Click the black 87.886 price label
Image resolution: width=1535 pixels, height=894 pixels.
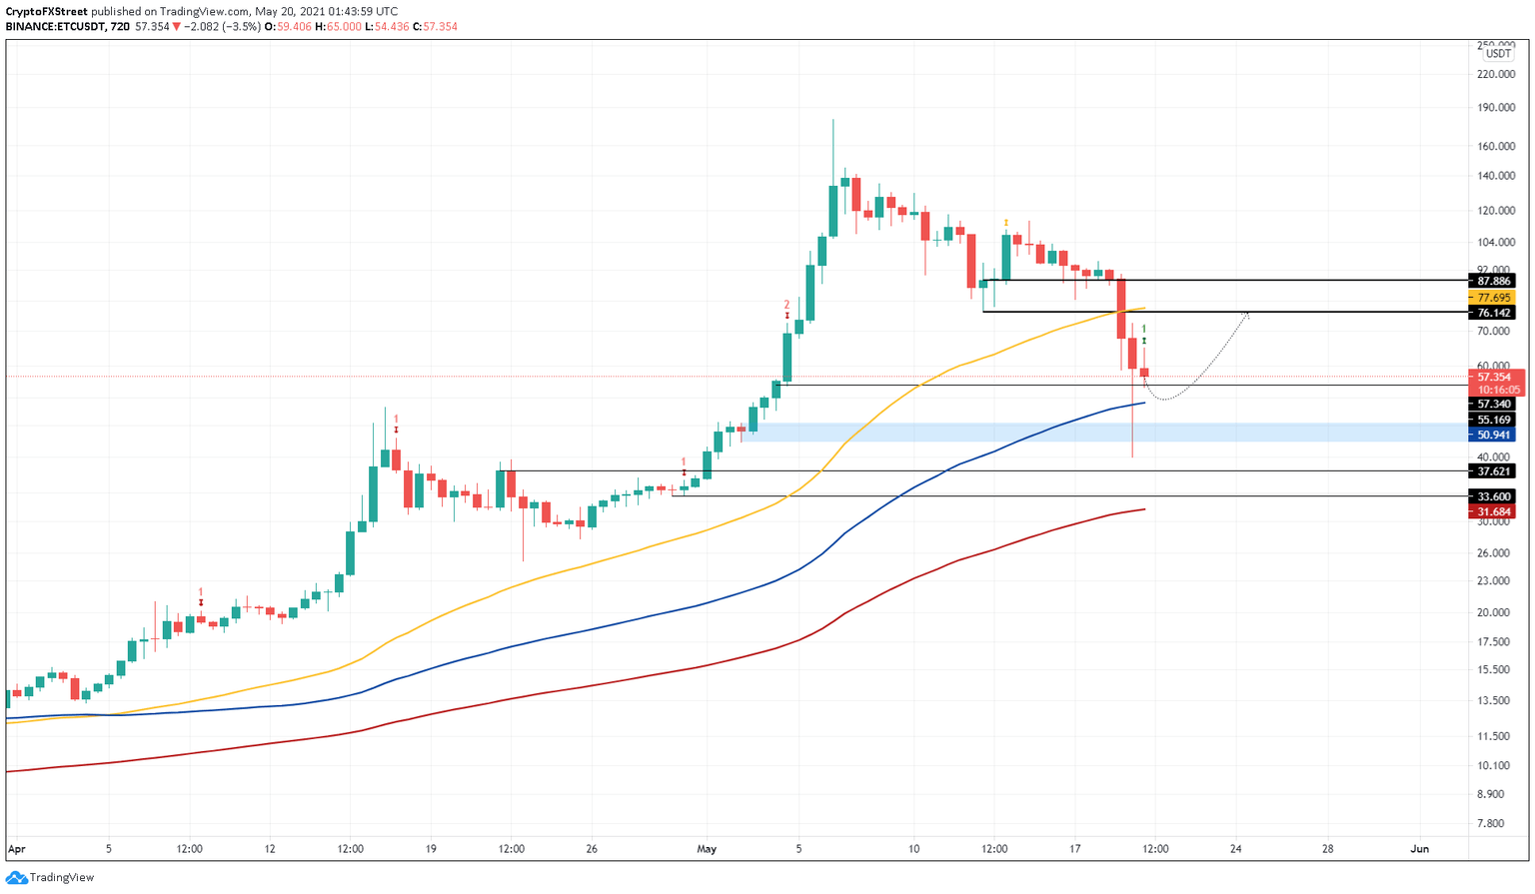(x=1495, y=281)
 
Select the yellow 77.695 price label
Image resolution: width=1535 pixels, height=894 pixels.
(x=1495, y=298)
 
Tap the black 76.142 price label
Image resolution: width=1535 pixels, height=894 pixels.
(x=1495, y=313)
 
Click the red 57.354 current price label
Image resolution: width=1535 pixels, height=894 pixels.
(x=1495, y=377)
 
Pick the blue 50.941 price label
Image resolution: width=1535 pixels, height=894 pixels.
(x=1495, y=436)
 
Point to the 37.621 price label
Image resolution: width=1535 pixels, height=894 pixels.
(x=1495, y=470)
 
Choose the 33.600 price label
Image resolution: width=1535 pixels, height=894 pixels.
(x=1495, y=496)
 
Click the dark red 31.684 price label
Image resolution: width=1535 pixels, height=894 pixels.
(x=1495, y=511)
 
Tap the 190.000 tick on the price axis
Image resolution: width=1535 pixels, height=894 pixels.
(x=1495, y=107)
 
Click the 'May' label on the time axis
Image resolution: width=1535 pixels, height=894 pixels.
(x=707, y=849)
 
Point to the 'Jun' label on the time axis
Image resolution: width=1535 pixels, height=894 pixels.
(x=1419, y=849)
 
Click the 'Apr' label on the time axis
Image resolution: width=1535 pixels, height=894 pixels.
(x=16, y=849)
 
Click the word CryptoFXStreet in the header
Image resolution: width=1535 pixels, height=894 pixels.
(x=46, y=12)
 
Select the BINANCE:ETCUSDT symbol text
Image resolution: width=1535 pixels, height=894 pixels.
(x=56, y=27)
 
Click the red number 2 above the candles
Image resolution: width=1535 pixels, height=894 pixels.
(x=786, y=305)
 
